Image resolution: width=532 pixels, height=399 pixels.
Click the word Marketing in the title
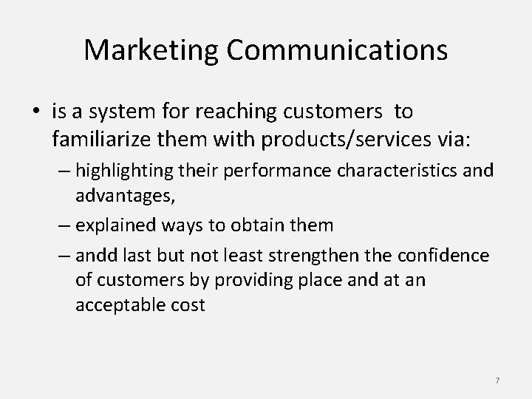click(x=150, y=50)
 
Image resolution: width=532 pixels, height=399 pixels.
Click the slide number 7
click(x=497, y=380)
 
